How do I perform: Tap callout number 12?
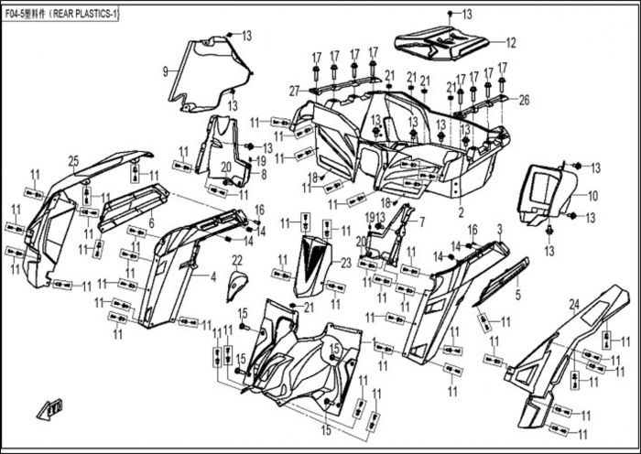pos(511,42)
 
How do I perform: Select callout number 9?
pos(165,70)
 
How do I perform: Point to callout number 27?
pos(294,90)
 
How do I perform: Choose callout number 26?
pos(525,100)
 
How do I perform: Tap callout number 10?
pos(592,196)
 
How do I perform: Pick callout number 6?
pos(151,222)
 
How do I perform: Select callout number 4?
pos(212,276)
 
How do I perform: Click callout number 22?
pos(236,261)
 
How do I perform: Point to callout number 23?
pos(345,263)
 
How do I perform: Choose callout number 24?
pos(574,303)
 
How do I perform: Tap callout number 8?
pos(263,173)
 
